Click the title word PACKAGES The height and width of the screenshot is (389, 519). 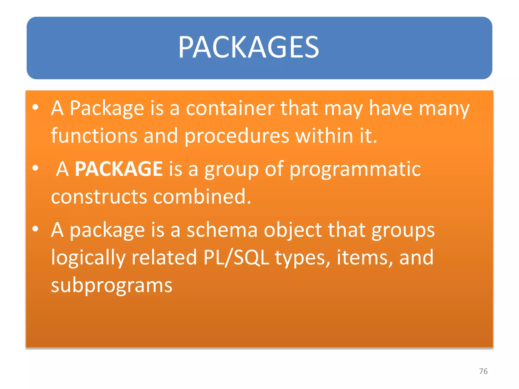(249, 47)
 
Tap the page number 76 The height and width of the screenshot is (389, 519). (483, 371)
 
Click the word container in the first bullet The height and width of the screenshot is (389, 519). (230, 108)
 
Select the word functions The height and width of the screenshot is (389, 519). (94, 136)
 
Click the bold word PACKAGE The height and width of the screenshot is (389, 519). (119, 169)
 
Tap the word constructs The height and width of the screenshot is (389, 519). (99, 197)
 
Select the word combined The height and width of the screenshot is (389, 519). (202, 197)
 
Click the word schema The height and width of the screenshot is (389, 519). (222, 230)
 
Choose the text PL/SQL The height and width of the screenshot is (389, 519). (236, 258)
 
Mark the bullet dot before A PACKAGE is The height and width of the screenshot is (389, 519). (35, 168)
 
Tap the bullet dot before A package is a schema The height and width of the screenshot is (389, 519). (35, 229)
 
